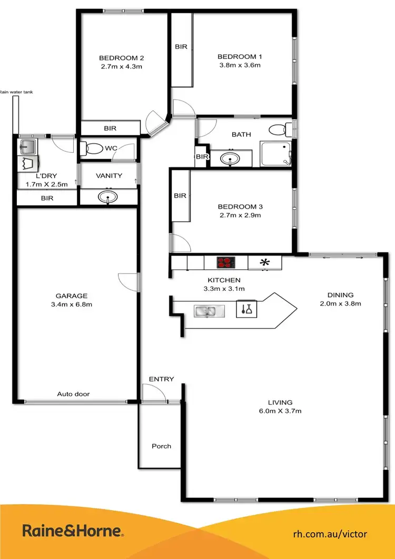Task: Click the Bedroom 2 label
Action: [122, 58]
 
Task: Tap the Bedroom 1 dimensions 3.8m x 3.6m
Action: [239, 65]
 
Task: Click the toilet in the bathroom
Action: [279, 129]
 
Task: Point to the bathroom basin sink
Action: [231, 158]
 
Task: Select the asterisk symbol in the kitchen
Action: [265, 261]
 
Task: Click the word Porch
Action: [161, 446]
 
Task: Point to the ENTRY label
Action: [161, 379]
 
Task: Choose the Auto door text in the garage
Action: [74, 394]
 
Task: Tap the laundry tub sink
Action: [26, 146]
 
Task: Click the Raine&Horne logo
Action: [73, 531]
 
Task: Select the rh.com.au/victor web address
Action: [330, 534]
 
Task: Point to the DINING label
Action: [340, 295]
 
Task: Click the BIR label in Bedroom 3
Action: [180, 196]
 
